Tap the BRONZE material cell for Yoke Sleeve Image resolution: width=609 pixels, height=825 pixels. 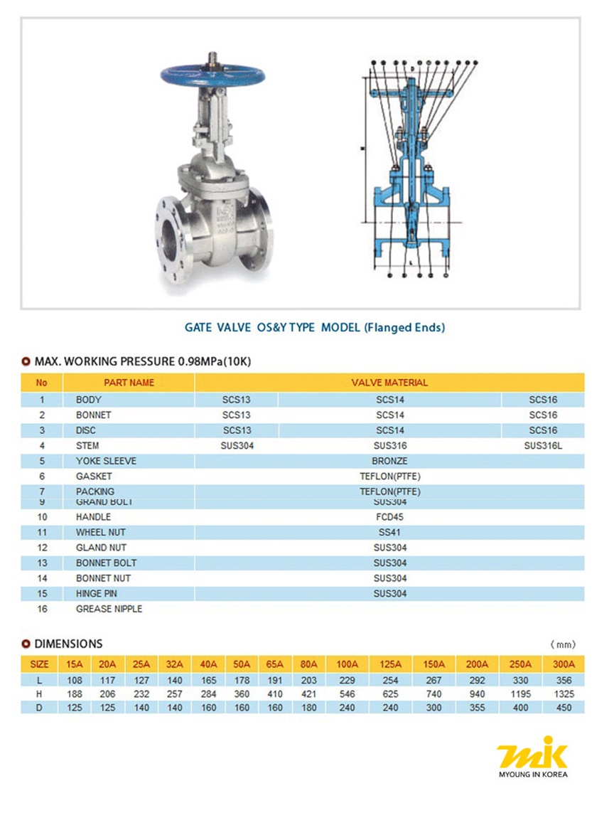pyautogui.click(x=389, y=461)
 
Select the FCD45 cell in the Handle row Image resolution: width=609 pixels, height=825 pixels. pyautogui.click(x=389, y=517)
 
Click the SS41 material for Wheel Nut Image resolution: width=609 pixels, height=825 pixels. pyautogui.click(x=389, y=533)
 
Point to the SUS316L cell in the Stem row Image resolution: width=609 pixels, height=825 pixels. pyautogui.click(x=543, y=446)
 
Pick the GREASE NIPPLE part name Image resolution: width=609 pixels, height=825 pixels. pyautogui.click(x=109, y=609)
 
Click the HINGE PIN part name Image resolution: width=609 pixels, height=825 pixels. pyautogui.click(x=97, y=593)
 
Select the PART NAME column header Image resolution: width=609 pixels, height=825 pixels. pyautogui.click(x=129, y=383)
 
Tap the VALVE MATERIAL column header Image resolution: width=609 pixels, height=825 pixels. pyautogui.click(x=389, y=383)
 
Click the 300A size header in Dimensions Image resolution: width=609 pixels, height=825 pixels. pyautogui.click(x=564, y=664)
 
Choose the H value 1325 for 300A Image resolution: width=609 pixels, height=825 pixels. pyautogui.click(x=564, y=693)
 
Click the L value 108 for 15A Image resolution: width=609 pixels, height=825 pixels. pyautogui.click(x=75, y=680)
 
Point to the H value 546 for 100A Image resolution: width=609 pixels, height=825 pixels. pyautogui.click(x=347, y=693)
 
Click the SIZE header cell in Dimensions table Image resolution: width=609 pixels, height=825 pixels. pyautogui.click(x=40, y=664)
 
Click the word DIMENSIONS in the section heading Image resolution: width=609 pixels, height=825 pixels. pyautogui.click(x=68, y=644)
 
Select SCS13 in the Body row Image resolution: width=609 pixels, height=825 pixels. pyautogui.click(x=236, y=400)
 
